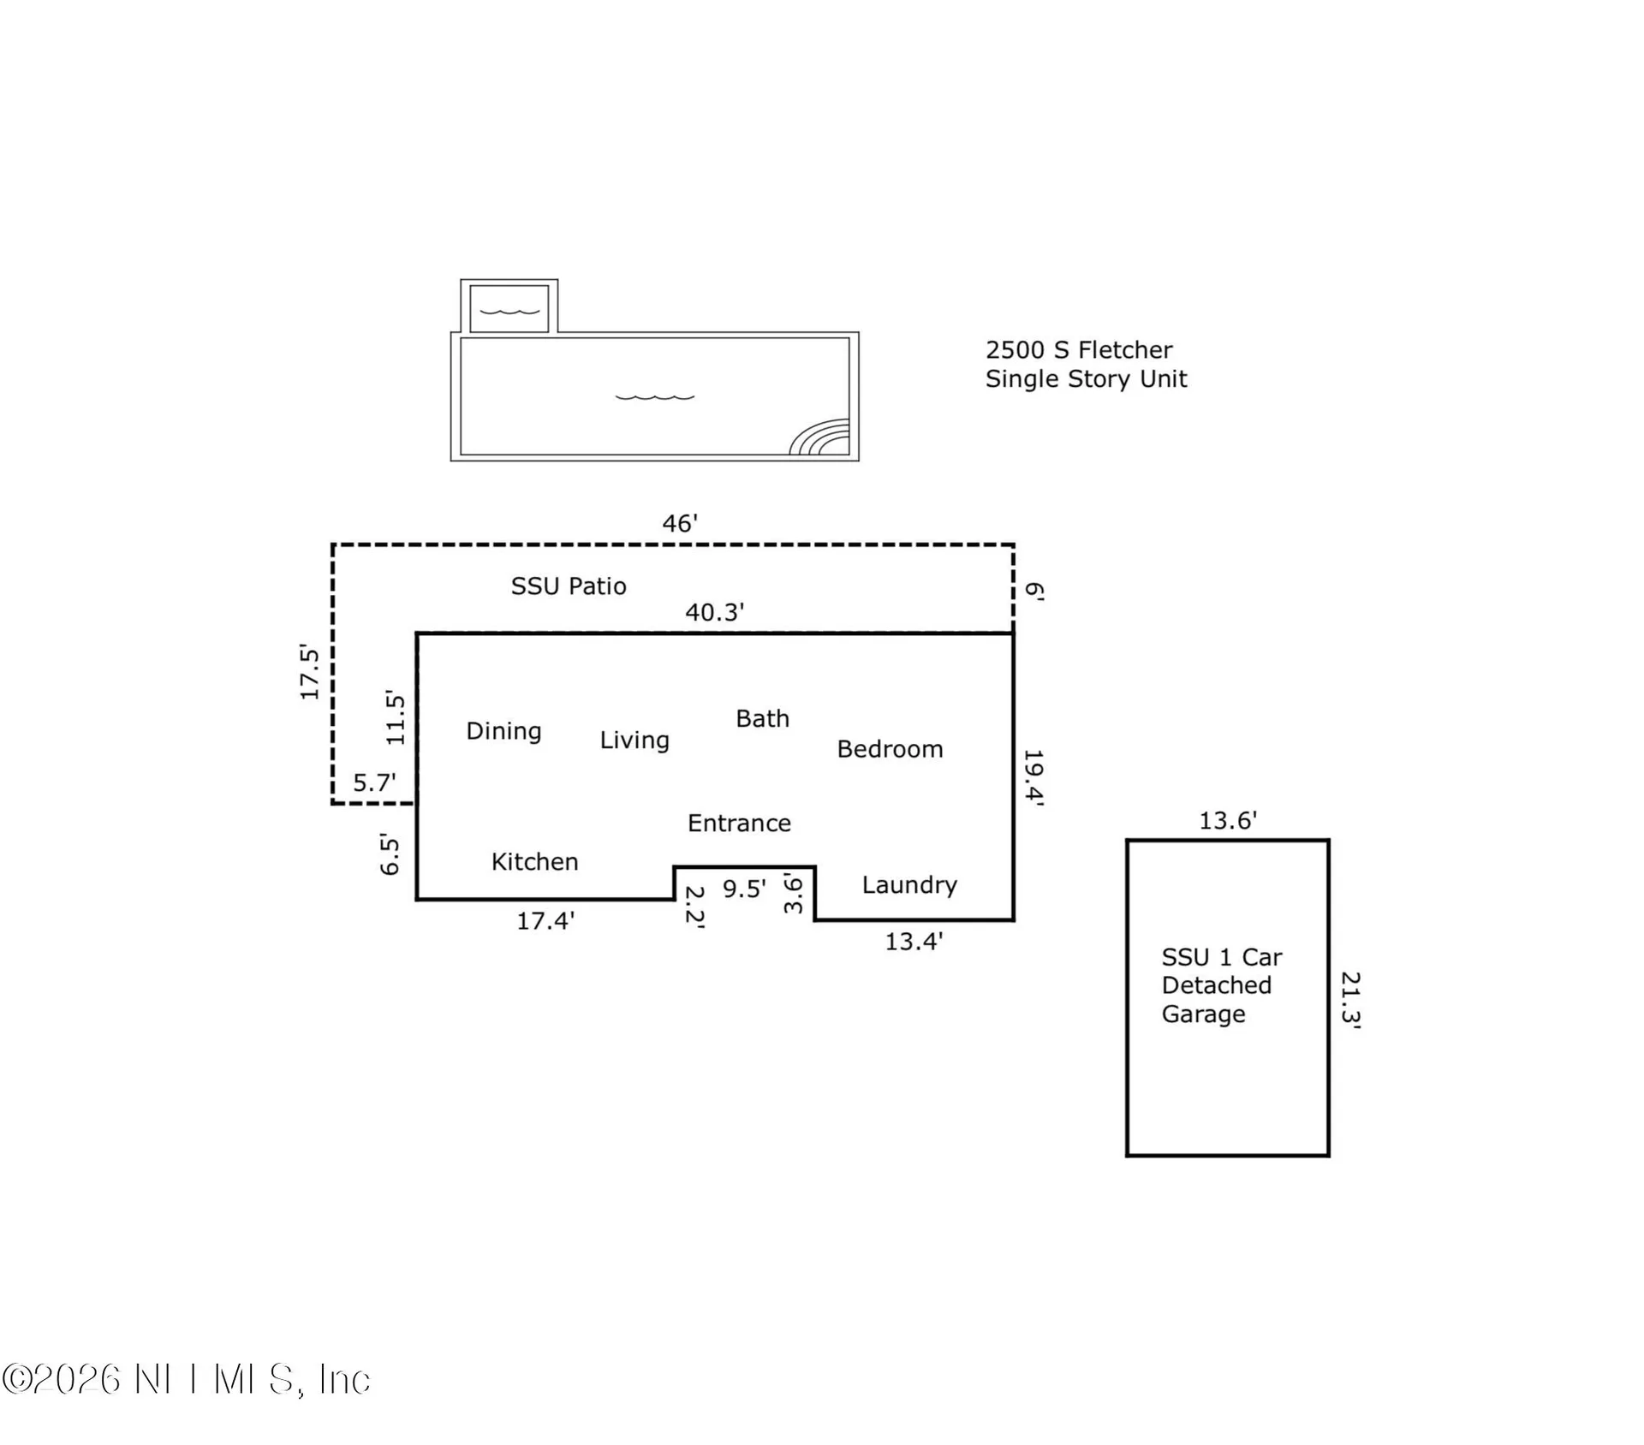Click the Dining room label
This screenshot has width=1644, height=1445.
click(x=503, y=731)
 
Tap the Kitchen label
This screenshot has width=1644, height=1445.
click(x=534, y=862)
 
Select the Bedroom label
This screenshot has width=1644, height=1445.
click(x=890, y=749)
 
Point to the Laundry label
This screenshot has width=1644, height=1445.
click(x=909, y=885)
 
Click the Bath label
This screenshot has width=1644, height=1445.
click(x=762, y=718)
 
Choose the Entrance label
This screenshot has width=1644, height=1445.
click(x=739, y=824)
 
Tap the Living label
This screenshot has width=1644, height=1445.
click(x=634, y=740)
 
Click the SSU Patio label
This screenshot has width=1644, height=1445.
click(x=569, y=586)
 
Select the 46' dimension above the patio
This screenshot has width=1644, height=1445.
click(x=680, y=524)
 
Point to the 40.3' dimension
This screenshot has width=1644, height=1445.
click(x=714, y=612)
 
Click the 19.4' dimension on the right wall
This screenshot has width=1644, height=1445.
click(x=1034, y=778)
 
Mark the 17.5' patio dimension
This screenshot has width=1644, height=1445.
click(x=309, y=672)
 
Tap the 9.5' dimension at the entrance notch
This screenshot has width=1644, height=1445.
click(x=744, y=889)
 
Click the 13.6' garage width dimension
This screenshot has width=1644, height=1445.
click(x=1227, y=821)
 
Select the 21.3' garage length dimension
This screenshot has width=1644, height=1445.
click(x=1350, y=998)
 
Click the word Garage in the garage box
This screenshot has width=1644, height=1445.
click(x=1203, y=1014)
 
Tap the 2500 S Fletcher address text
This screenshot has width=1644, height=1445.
click(x=1078, y=350)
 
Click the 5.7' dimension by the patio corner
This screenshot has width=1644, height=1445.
click(x=374, y=783)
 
